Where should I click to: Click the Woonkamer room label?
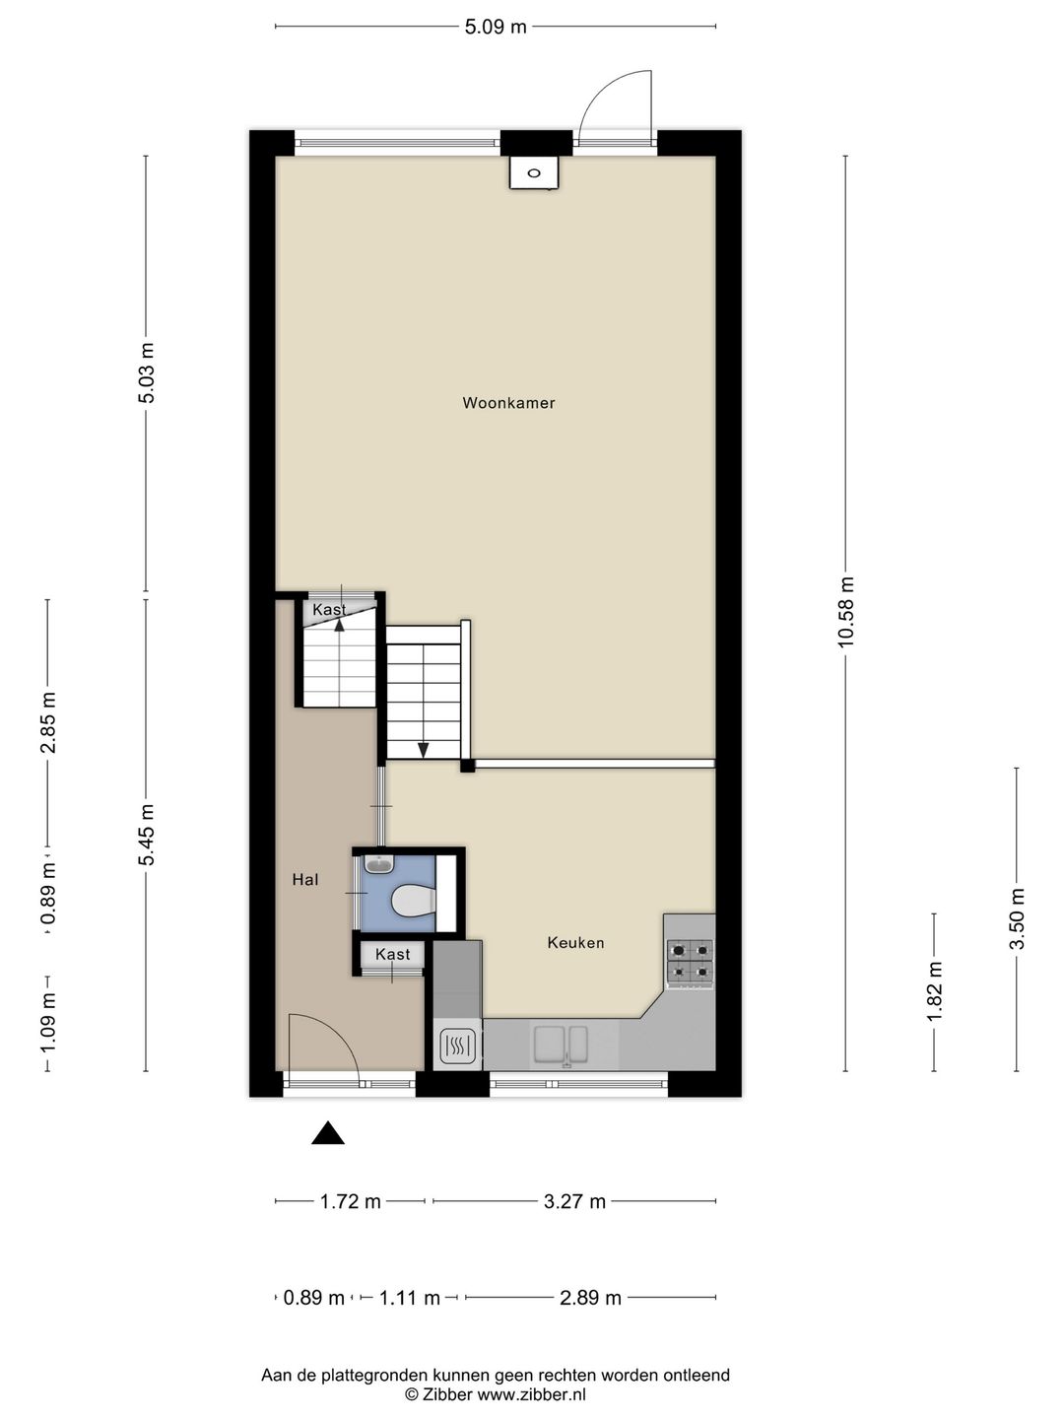click(508, 403)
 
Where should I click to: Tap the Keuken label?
click(575, 943)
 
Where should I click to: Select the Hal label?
click(305, 879)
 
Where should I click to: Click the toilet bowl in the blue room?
click(412, 901)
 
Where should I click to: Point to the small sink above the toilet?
click(378, 863)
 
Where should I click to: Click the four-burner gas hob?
click(690, 963)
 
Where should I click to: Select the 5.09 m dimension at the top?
click(496, 27)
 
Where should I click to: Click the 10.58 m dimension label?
click(846, 612)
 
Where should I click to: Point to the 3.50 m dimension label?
click(1017, 918)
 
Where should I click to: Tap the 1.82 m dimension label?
click(934, 991)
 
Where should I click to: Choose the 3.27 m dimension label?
click(574, 1202)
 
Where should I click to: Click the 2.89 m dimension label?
click(590, 1298)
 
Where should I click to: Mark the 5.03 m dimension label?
click(147, 373)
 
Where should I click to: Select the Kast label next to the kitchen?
click(392, 954)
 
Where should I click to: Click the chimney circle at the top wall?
click(534, 172)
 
